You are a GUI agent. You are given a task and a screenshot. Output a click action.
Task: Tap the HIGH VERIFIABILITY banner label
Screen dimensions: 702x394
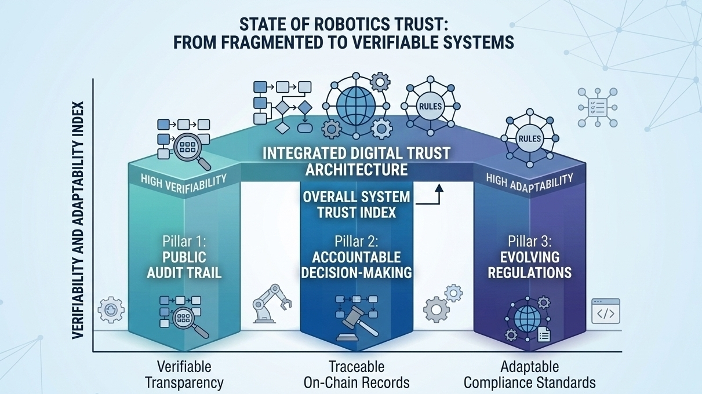point(183,183)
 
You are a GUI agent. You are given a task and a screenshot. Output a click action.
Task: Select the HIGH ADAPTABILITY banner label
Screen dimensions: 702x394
point(529,182)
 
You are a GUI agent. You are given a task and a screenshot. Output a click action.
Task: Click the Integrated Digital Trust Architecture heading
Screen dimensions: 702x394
point(356,162)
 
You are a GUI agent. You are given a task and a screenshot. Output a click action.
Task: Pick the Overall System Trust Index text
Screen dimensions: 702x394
point(356,204)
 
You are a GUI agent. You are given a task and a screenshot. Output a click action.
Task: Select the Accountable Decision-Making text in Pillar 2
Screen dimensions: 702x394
point(356,264)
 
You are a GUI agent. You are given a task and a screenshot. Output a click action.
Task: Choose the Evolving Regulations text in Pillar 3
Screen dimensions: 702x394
point(529,264)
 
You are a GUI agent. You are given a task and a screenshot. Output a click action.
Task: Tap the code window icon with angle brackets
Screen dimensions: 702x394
point(605,312)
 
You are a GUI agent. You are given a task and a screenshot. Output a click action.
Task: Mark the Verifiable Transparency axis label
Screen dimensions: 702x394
point(184,374)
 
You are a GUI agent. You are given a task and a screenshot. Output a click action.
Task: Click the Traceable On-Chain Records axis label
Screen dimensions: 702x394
point(356,374)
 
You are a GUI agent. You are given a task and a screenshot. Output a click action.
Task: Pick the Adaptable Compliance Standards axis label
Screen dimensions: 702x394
point(529,374)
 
